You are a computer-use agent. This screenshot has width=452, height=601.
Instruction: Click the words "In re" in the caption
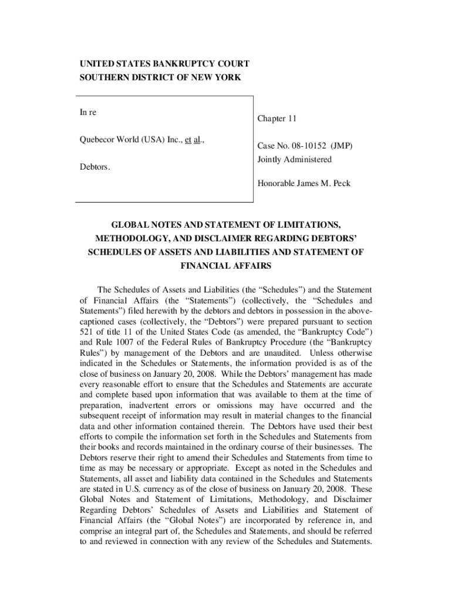(x=89, y=112)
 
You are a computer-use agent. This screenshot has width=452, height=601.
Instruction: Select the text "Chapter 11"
(x=276, y=119)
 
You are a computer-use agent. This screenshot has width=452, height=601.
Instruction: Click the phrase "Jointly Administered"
(x=294, y=160)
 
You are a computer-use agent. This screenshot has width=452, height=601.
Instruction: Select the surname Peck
(x=340, y=184)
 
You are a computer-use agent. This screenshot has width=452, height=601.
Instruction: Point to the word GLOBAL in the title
(x=131, y=225)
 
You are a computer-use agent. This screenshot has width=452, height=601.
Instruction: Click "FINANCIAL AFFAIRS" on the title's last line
(x=225, y=265)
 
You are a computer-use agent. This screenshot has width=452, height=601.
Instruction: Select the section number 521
(x=87, y=332)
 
